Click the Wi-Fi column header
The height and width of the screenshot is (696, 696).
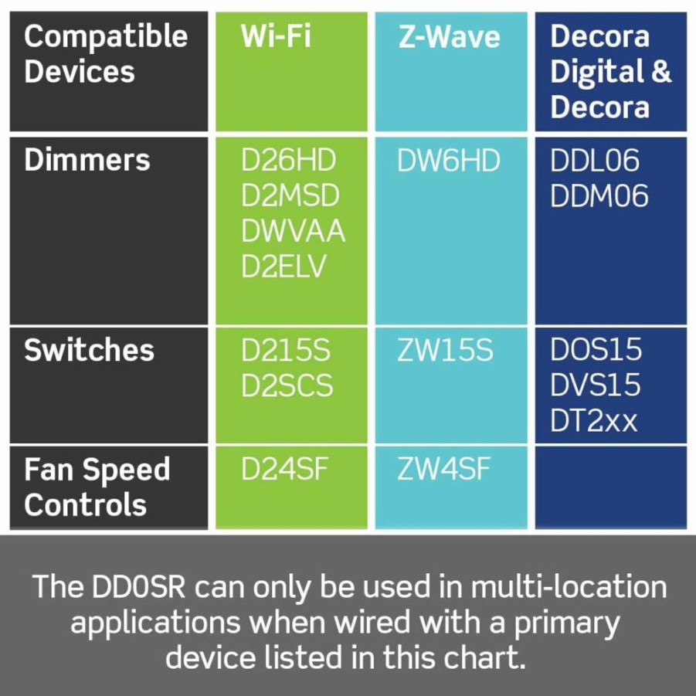pos(276,36)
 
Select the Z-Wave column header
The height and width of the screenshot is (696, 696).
pos(449,36)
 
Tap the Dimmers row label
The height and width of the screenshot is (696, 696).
pos(87,160)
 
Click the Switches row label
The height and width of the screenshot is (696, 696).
pos(89,350)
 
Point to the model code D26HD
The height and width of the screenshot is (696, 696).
pos(289,160)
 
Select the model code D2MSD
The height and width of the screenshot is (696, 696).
pos(290,195)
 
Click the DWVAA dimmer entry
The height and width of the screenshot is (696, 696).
pos(293,231)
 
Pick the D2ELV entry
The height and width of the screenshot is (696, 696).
pos(283,267)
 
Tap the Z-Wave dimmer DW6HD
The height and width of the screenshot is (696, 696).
pos(449,160)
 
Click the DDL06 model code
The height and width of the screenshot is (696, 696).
pos(595,160)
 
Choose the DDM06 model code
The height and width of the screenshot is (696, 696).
pos(599,195)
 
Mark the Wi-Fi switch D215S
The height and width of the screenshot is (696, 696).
pos(286,350)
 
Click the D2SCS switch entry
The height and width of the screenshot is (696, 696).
pos(287,385)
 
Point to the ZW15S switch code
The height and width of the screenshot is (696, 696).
pos(445,350)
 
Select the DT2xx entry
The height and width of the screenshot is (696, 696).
pos(594,420)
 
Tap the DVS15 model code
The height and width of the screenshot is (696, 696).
pos(596,385)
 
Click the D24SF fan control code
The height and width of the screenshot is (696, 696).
pos(284,469)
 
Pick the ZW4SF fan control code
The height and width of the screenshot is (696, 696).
pos(444,469)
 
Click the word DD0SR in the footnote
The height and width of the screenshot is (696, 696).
pos(138,586)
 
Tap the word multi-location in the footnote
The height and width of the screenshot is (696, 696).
pos(569,586)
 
